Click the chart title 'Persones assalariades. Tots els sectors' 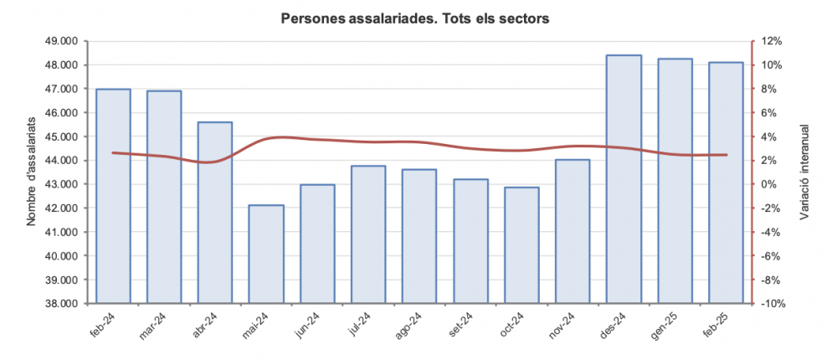point(415,18)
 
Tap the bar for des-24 point(624,179)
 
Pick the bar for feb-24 point(113,196)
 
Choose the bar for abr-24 point(215,213)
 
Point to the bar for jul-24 point(368,234)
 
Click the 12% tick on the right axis point(771,41)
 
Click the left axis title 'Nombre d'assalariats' point(32,172)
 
